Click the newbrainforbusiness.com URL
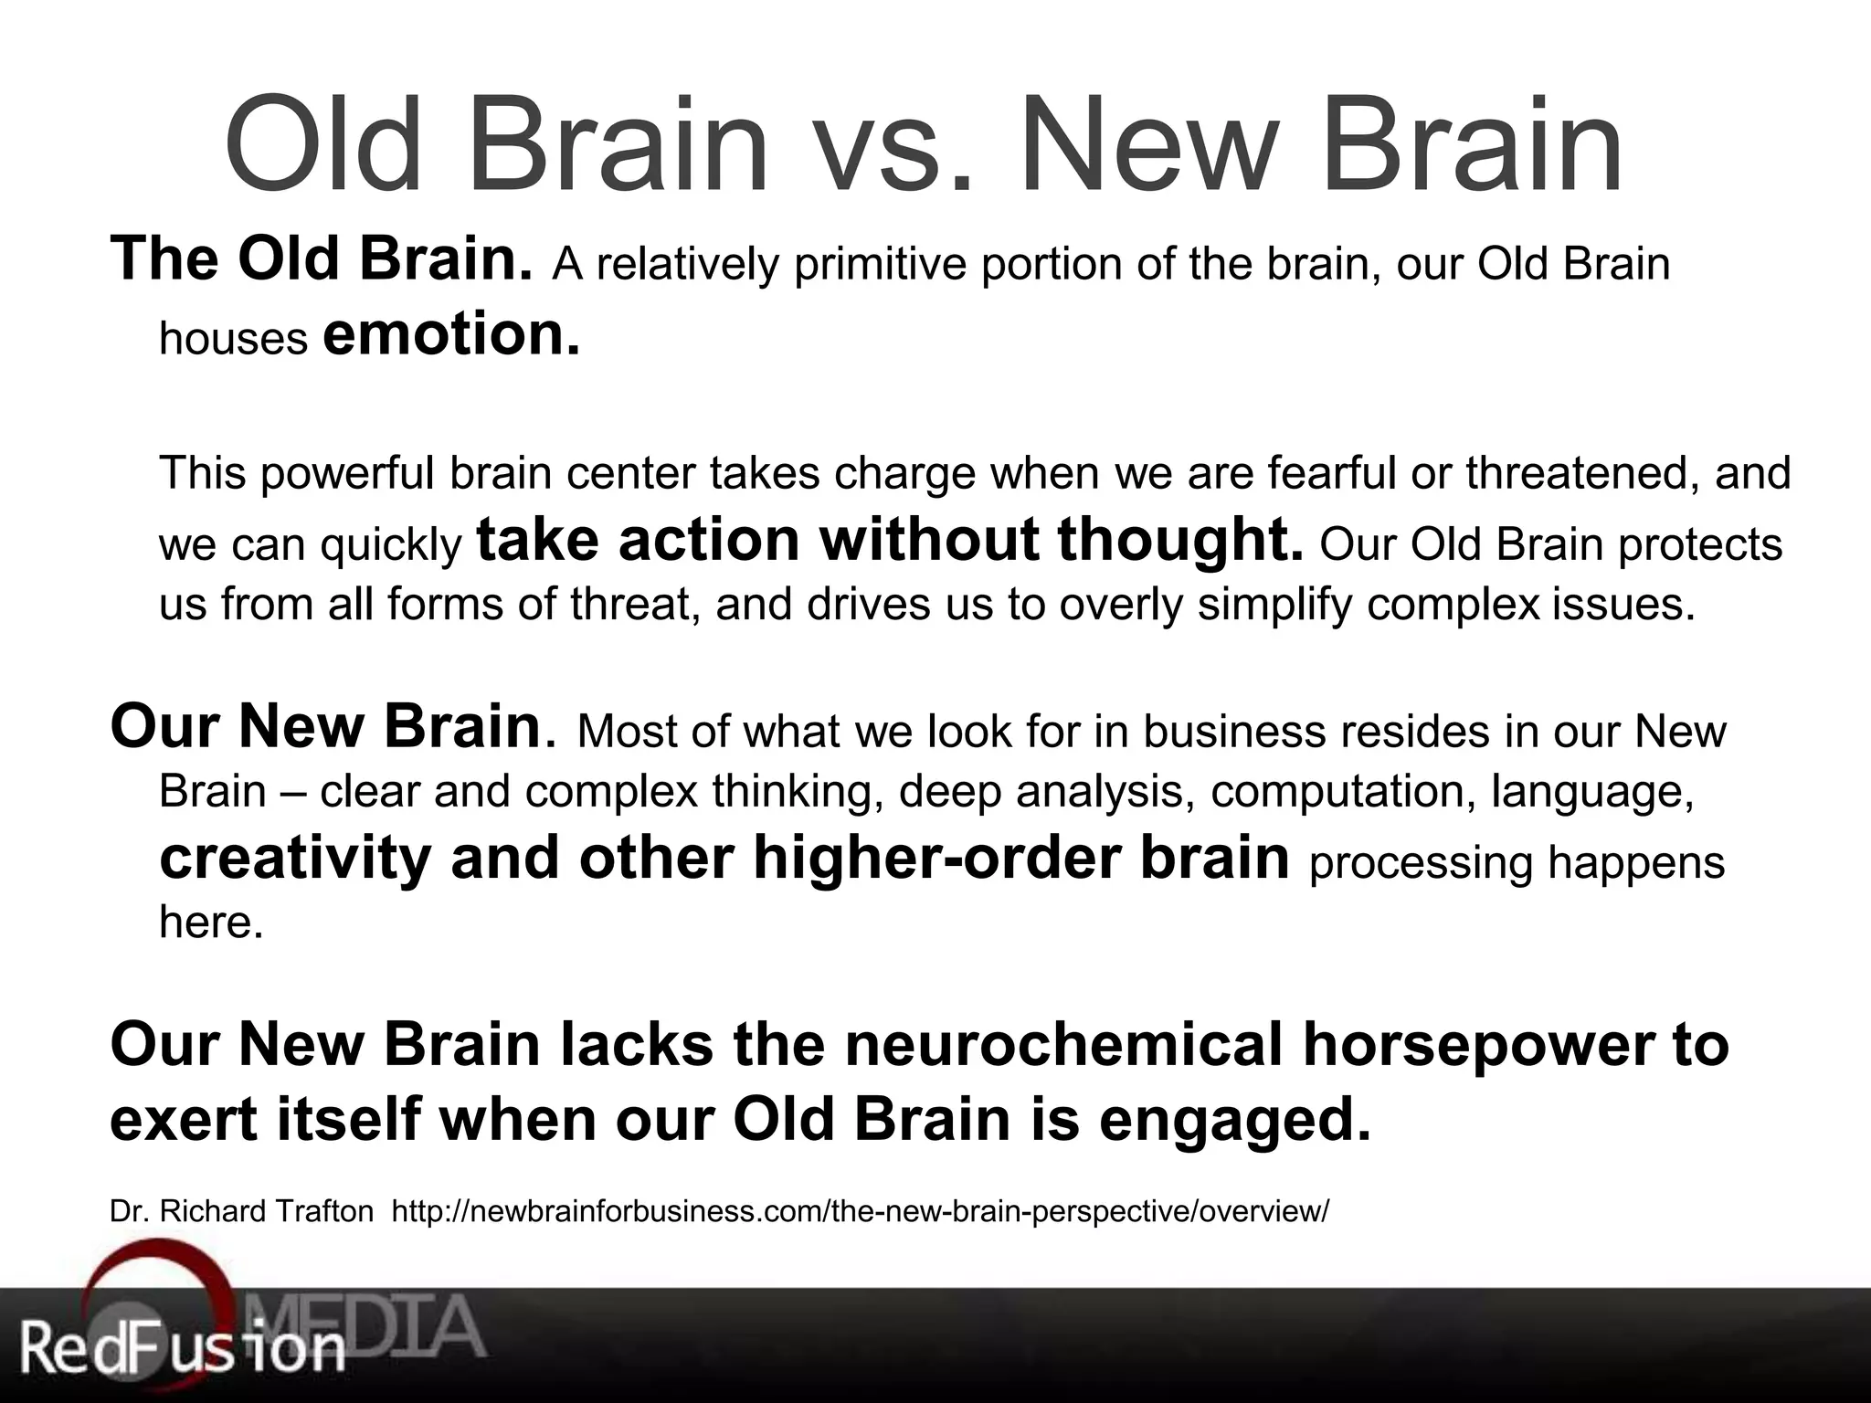(x=860, y=1211)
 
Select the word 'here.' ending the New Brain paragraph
(x=211, y=923)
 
